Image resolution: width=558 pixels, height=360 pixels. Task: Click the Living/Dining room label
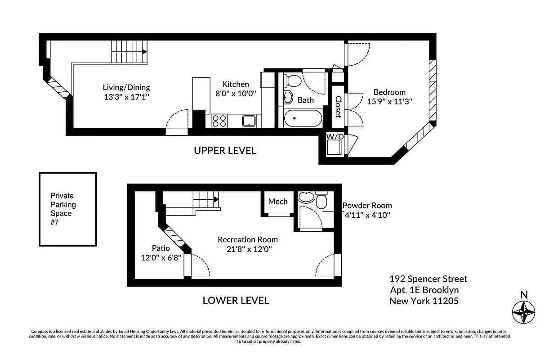coord(126,87)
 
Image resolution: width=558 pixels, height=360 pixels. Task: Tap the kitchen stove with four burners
coord(219,121)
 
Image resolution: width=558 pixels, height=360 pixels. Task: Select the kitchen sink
coord(249,121)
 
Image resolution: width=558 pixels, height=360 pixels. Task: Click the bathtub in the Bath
coord(303,119)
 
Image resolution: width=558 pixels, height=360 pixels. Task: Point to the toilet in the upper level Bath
coord(294,81)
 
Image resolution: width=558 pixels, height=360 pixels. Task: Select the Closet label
coord(338,107)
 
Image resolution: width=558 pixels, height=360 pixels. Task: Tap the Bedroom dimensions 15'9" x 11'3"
coord(389,102)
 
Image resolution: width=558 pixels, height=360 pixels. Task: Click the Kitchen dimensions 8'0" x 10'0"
coord(235,94)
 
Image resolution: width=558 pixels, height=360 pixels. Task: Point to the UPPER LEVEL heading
coord(225,151)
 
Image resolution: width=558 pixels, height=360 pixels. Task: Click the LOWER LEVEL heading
coord(236,300)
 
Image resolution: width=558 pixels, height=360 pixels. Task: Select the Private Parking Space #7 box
coord(68,209)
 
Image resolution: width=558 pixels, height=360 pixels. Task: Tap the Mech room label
coord(278,201)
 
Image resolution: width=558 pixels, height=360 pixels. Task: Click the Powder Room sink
coord(306,198)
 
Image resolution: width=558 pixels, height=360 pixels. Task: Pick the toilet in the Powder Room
coord(321,201)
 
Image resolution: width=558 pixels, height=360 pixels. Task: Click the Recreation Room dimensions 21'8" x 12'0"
coord(248,248)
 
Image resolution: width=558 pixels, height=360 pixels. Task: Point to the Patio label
coord(161,248)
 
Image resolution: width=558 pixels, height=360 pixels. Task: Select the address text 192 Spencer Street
coord(428,279)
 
